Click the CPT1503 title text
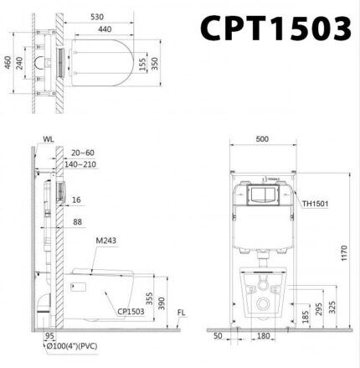[274, 29]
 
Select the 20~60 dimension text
[83, 153]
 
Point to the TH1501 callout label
[315, 201]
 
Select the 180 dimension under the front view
[263, 336]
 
